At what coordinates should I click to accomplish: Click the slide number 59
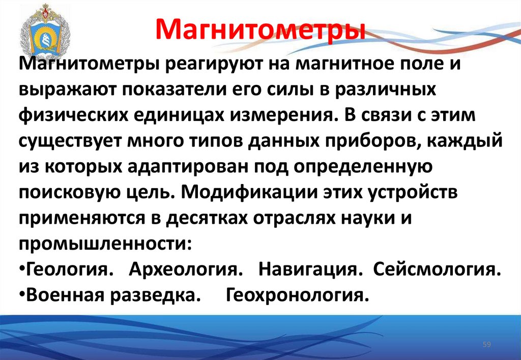486,345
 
